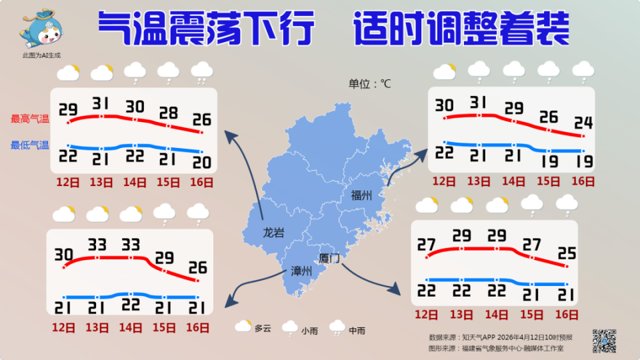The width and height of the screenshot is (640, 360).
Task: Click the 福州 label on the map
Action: pyautogui.click(x=361, y=195)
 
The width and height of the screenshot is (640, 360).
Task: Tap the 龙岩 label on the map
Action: pyautogui.click(x=273, y=233)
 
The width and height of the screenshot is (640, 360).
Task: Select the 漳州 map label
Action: pyautogui.click(x=301, y=271)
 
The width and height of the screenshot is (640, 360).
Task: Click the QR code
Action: pyautogui.click(x=604, y=341)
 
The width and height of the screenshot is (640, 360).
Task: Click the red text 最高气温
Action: pyautogui.click(x=29, y=119)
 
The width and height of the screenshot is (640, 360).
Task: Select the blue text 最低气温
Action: pyautogui.click(x=29, y=145)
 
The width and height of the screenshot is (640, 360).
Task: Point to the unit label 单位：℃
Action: pyautogui.click(x=369, y=84)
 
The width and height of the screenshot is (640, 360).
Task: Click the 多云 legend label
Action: pyautogui.click(x=263, y=328)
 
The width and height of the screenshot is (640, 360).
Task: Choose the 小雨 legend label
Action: pyautogui.click(x=309, y=330)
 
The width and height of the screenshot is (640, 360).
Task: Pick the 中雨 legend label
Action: pyautogui.click(x=357, y=330)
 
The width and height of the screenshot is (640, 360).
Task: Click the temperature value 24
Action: pyautogui.click(x=583, y=123)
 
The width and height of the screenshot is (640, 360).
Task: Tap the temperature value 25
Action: pyautogui.click(x=567, y=253)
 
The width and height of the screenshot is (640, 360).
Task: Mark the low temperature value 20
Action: pyautogui.click(x=202, y=163)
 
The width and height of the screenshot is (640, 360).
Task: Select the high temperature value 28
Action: pyautogui.click(x=168, y=112)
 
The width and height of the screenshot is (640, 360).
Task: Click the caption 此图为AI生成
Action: pyautogui.click(x=41, y=55)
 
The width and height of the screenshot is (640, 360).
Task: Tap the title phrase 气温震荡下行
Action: pyautogui.click(x=206, y=28)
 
